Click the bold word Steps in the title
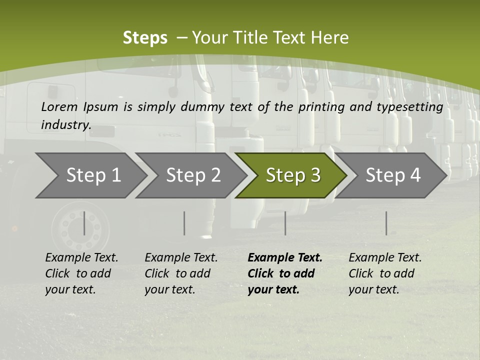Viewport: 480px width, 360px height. (145, 38)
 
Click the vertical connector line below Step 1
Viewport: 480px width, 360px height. (84, 223)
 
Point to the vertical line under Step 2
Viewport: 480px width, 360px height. (184, 223)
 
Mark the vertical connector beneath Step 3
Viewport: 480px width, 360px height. (285, 223)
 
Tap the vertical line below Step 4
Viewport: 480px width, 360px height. (386, 223)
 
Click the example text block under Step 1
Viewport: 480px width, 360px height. (81, 273)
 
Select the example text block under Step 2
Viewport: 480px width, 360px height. (181, 273)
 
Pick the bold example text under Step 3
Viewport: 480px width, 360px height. (284, 273)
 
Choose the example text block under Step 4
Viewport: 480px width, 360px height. (384, 273)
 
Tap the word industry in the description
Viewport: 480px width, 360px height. (66, 125)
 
